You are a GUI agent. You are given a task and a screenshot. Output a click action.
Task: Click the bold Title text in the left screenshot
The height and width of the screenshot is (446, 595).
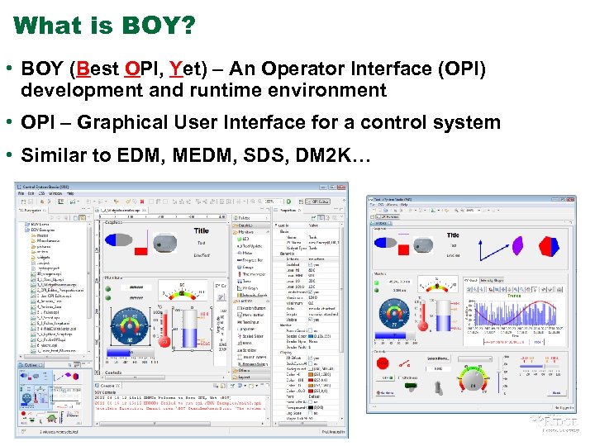[202, 231]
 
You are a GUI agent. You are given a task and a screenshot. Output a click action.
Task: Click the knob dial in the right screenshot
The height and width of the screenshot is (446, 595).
[474, 382]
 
